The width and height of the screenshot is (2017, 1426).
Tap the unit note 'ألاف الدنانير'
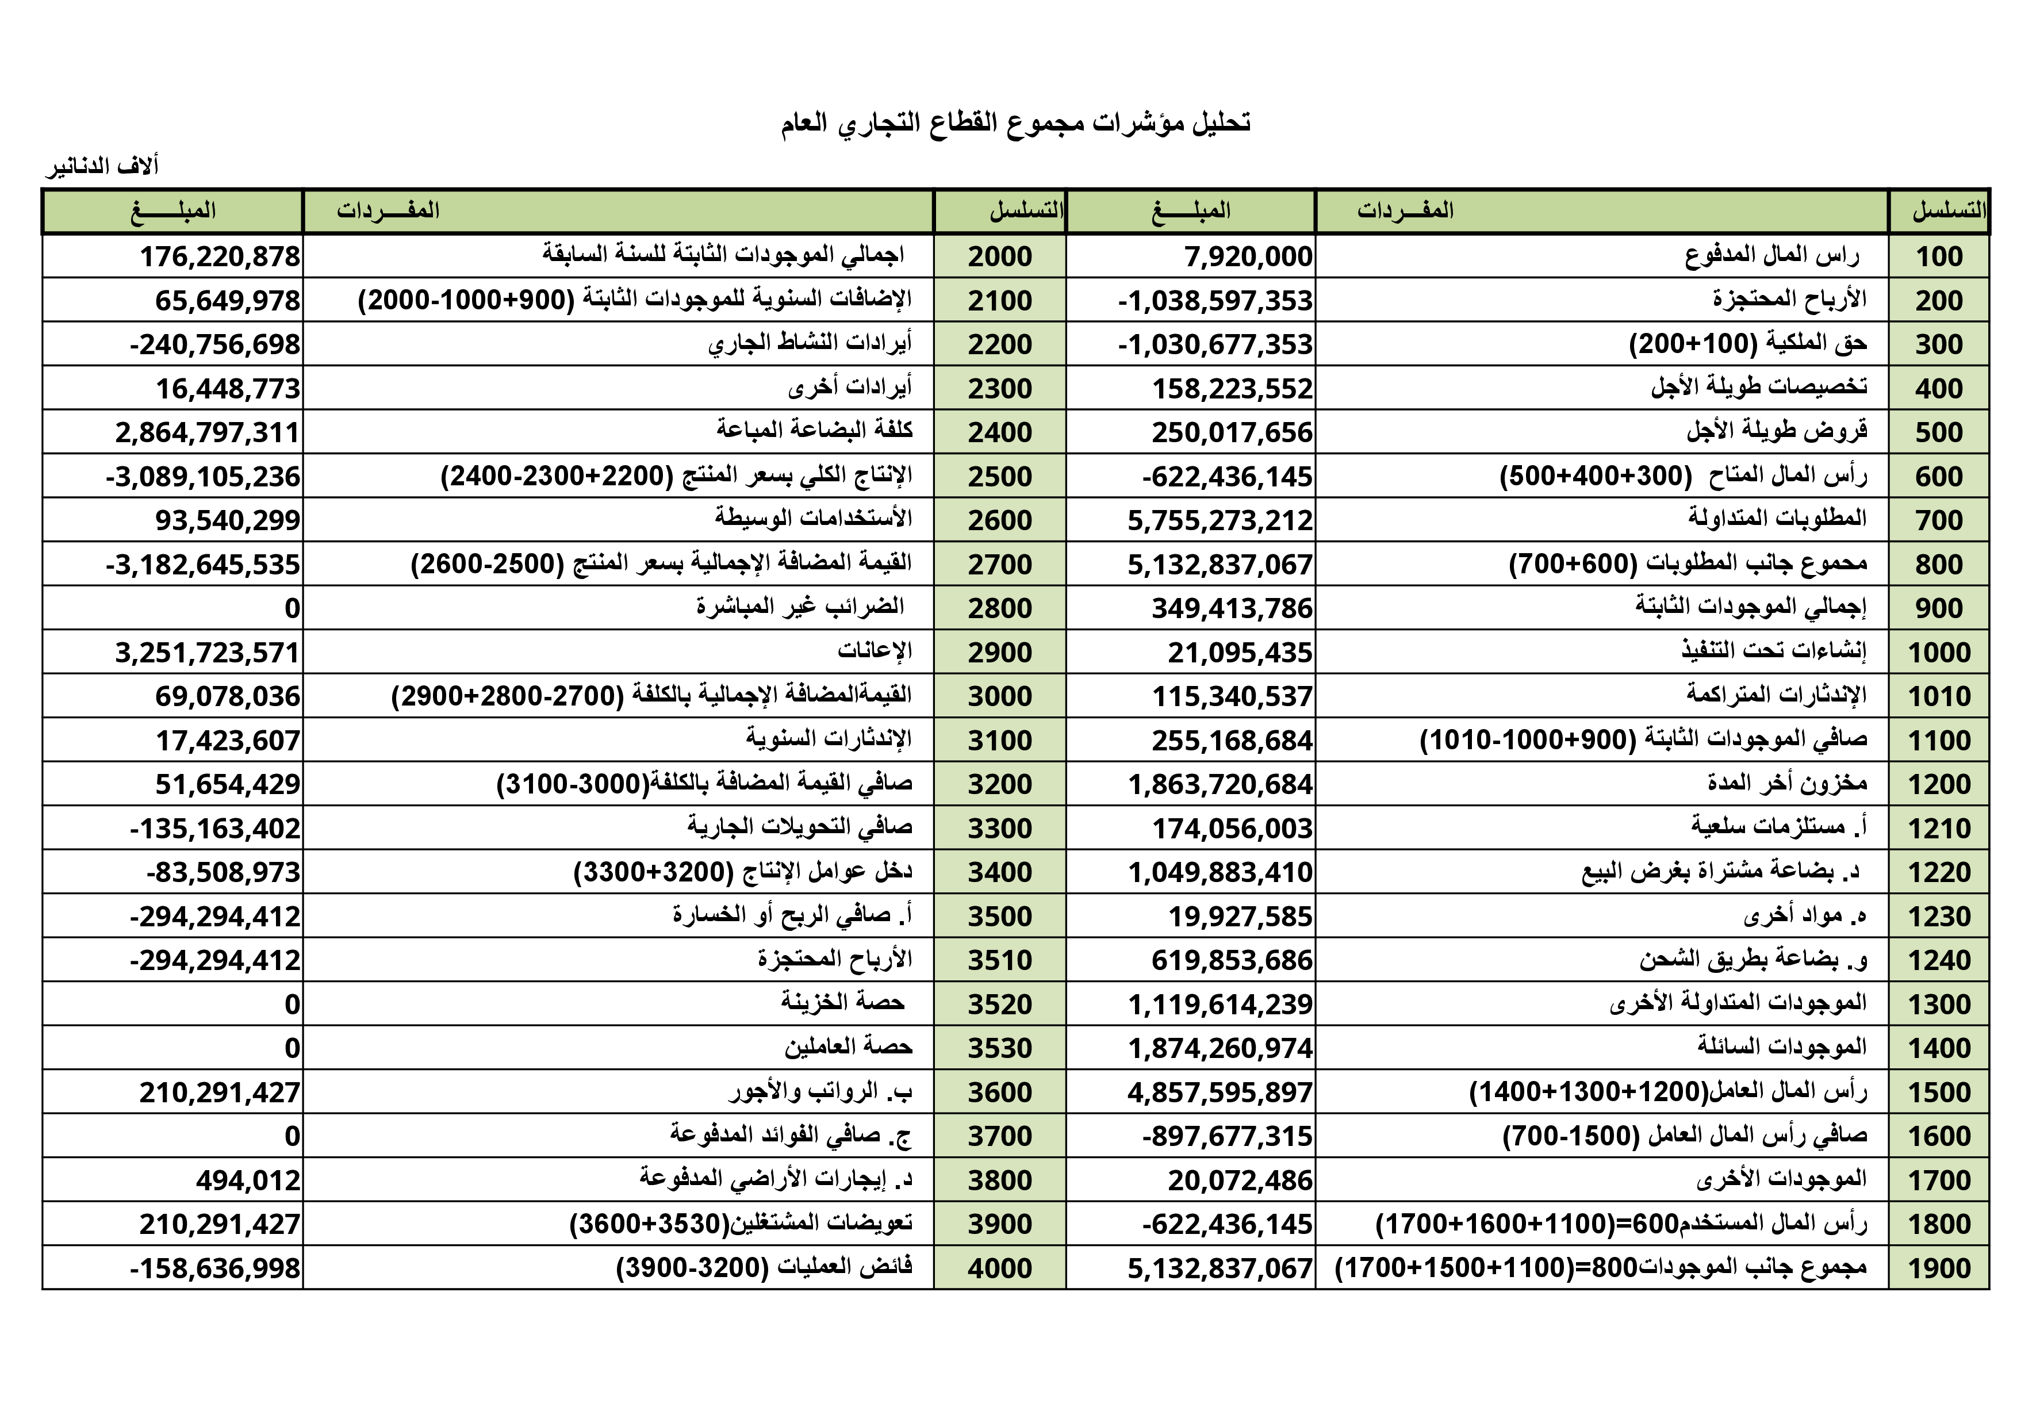pyautogui.click(x=102, y=166)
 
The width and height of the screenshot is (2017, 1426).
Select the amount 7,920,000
pyautogui.click(x=1248, y=256)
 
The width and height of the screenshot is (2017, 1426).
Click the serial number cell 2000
pyautogui.click(x=1000, y=256)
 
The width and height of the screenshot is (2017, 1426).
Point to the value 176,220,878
pyautogui.click(x=220, y=256)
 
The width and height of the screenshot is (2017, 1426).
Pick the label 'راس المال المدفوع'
pyautogui.click(x=1772, y=256)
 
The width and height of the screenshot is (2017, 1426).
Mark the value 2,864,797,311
pyautogui.click(x=208, y=432)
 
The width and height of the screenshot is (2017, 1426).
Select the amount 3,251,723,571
pyautogui.click(x=208, y=653)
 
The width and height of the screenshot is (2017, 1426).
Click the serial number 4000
pyautogui.click(x=1000, y=1268)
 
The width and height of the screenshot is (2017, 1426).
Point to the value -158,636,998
pyautogui.click(x=214, y=1268)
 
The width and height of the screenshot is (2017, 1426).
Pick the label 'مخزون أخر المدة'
pyautogui.click(x=1787, y=783)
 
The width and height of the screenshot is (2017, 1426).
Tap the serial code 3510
pyautogui.click(x=1000, y=960)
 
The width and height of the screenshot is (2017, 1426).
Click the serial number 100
pyautogui.click(x=1939, y=256)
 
